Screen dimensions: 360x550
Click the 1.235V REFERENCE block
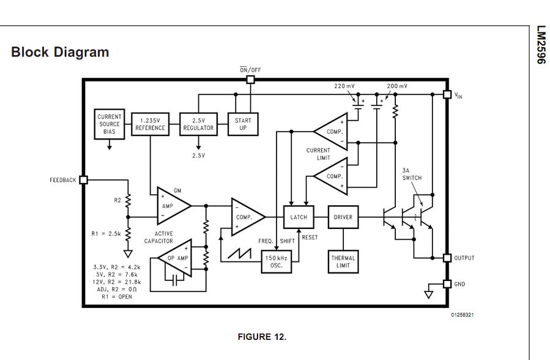150,124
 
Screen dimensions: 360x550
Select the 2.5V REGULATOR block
198,124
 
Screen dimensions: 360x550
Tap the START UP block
243,124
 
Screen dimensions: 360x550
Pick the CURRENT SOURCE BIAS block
110,124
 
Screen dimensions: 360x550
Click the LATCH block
299,217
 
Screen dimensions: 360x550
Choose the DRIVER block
343,217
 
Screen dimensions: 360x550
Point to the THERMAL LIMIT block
343,261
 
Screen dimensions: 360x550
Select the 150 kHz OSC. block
277,261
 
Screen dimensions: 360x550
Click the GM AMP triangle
171,206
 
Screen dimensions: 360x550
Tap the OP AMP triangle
176,258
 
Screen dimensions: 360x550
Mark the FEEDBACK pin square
84,180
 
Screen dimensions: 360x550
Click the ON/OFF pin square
250,80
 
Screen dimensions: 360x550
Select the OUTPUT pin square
447,258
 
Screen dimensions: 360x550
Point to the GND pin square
447,284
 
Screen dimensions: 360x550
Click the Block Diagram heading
60,52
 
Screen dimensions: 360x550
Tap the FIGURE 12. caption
261,337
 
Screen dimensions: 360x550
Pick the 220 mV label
344,86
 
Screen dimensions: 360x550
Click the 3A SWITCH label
412,174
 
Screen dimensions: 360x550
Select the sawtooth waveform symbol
239,253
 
